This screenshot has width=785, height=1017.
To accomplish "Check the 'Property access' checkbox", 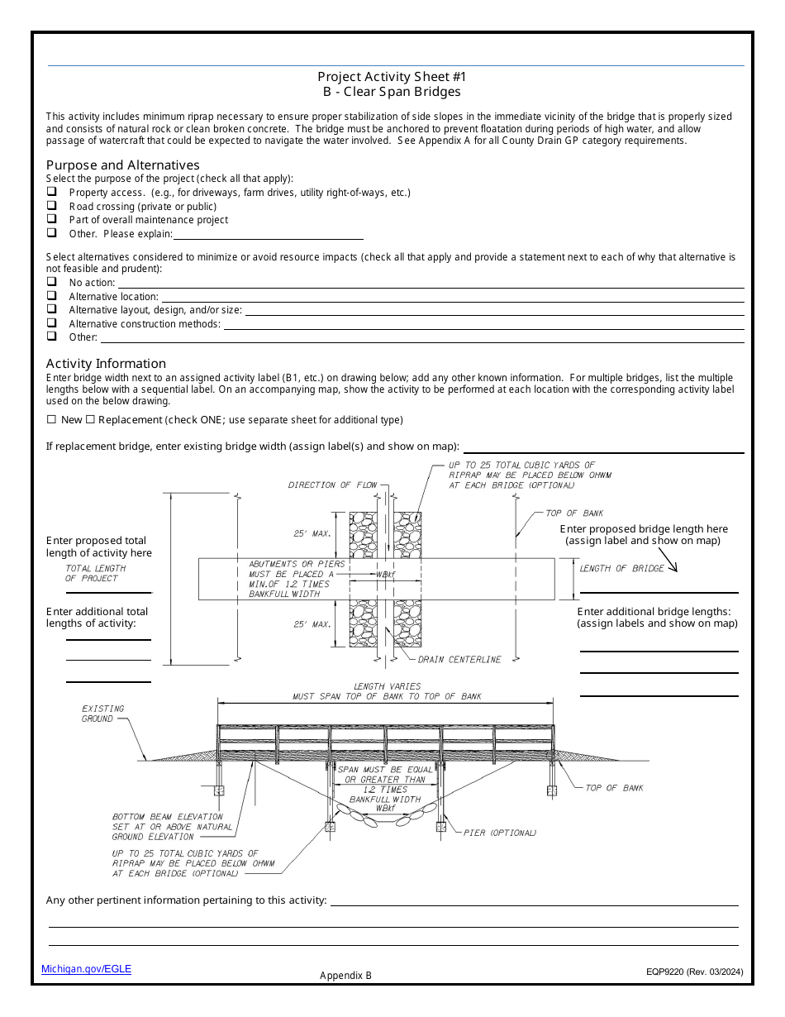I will (51, 193).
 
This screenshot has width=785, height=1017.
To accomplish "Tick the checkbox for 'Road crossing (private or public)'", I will (51, 206).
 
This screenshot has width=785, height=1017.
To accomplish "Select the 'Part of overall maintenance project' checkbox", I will (51, 219).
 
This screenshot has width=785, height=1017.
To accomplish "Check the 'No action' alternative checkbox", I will (51, 282).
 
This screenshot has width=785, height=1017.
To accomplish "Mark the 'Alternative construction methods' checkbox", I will (51, 323).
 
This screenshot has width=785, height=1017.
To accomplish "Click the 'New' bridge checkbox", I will (51, 420).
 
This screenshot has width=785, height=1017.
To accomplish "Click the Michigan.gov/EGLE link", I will (86, 969).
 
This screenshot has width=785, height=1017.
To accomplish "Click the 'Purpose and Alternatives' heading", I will (122, 165).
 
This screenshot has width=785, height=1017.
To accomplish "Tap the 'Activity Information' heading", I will (106, 363).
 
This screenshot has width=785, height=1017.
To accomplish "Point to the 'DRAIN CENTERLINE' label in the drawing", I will (459, 660).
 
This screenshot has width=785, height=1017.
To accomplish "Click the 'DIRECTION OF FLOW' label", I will (332, 485).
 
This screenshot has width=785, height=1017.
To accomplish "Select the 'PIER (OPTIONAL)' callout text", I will (500, 833).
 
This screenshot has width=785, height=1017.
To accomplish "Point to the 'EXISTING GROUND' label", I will (102, 714).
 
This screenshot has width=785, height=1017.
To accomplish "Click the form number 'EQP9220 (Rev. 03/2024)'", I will (694, 972).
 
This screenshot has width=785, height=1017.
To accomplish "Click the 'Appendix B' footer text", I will (346, 976).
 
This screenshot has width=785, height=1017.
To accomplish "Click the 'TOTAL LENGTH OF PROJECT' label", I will (95, 573).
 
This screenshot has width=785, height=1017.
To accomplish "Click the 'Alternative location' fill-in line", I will (452, 297).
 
